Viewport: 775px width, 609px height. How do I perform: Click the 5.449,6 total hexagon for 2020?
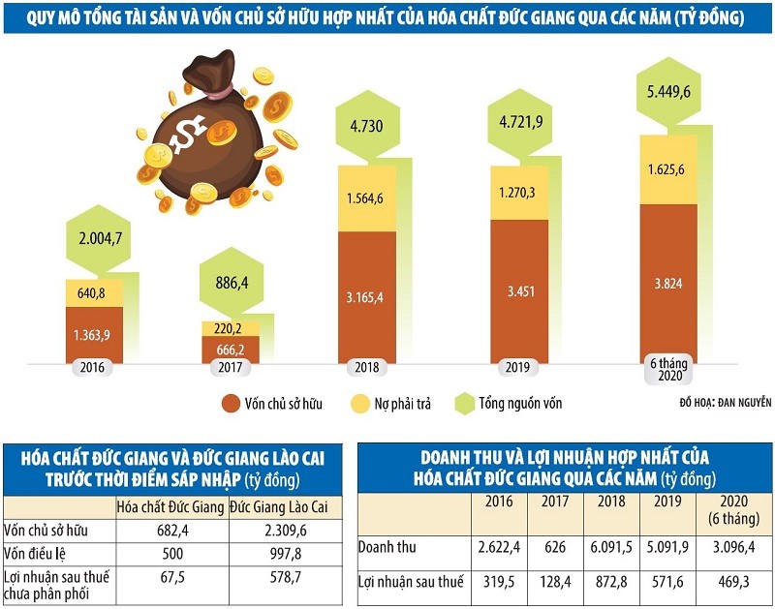point(668,94)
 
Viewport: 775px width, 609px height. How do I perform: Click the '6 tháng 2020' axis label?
point(667,369)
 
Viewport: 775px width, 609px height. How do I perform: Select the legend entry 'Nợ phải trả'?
point(405,403)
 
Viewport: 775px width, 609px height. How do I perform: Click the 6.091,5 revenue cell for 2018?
point(612,548)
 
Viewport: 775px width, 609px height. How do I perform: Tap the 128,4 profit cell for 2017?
point(555,582)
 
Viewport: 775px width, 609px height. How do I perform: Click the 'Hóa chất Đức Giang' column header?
point(170,507)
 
